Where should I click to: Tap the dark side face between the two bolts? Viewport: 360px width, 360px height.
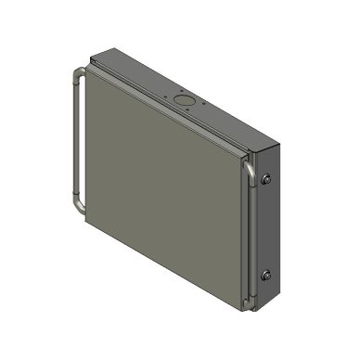pos(267,227)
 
